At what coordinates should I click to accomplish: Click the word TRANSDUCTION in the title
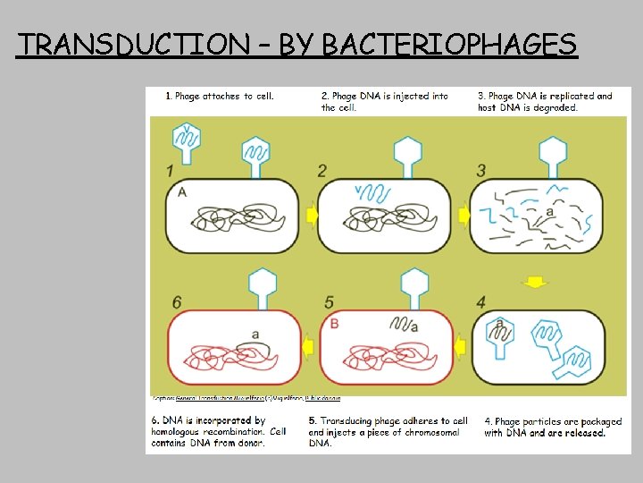[136, 44]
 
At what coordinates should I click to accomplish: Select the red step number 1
[171, 171]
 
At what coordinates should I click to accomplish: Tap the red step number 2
[322, 171]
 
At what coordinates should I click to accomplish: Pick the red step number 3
[481, 171]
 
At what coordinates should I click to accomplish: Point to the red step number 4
[481, 303]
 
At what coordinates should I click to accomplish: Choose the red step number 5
[330, 303]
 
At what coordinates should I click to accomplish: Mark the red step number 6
[177, 303]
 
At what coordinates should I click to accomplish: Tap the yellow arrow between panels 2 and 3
[463, 216]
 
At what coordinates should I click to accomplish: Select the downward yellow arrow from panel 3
[534, 283]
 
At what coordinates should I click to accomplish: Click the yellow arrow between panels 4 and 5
[461, 345]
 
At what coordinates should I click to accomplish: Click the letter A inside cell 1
[182, 192]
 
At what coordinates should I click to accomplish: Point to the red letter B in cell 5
[335, 323]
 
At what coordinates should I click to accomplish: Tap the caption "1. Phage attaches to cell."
[220, 96]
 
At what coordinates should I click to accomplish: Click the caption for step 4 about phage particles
[545, 427]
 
